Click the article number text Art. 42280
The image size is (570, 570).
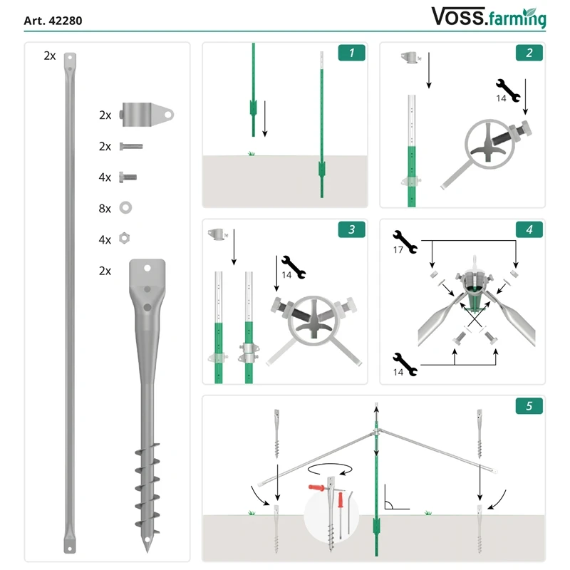[x=53, y=21]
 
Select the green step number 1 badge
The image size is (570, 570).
[x=351, y=52]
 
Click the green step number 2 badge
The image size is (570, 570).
[x=529, y=52]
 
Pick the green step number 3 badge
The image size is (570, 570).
[x=351, y=229]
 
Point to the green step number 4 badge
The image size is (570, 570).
[x=529, y=229]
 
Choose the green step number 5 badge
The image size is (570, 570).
[x=529, y=406]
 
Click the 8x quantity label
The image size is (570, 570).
[x=105, y=208]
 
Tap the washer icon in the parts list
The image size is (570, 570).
[x=126, y=208]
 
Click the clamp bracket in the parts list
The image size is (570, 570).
[x=147, y=113]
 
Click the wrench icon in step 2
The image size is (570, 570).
[x=513, y=89]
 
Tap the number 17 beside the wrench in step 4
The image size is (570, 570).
[x=398, y=250]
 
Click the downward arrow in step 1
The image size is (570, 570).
[x=265, y=118]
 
